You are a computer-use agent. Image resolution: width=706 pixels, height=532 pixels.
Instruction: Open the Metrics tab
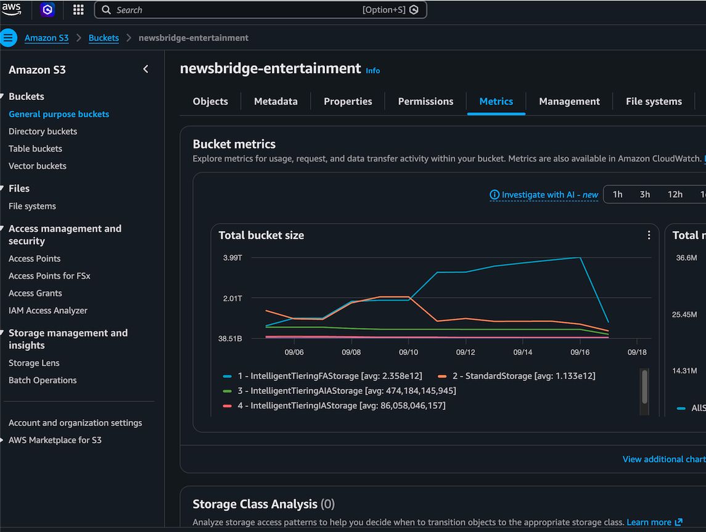click(496, 101)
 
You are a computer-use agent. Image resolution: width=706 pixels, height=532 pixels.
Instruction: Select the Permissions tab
click(425, 101)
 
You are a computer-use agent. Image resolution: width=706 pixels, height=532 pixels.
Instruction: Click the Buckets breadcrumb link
click(104, 38)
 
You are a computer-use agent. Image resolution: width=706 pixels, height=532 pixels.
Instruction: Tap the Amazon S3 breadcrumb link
click(46, 38)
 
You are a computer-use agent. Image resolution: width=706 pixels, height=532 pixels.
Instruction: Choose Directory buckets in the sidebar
click(43, 131)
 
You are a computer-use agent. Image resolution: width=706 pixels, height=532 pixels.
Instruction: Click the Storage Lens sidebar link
click(34, 362)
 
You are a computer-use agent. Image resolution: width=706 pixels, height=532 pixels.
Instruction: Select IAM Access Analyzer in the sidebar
click(47, 311)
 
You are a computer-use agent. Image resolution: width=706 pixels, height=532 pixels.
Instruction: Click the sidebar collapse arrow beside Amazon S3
click(146, 69)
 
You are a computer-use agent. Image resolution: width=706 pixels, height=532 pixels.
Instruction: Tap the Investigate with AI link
click(544, 194)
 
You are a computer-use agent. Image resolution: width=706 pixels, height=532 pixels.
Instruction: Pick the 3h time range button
click(645, 194)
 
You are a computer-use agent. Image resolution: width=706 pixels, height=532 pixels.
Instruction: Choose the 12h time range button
click(675, 194)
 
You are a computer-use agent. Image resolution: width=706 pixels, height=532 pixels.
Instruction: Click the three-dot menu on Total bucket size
click(649, 235)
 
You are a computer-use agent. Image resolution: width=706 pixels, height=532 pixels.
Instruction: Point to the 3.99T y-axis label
click(232, 258)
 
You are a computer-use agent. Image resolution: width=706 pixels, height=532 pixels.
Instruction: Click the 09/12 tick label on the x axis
click(466, 352)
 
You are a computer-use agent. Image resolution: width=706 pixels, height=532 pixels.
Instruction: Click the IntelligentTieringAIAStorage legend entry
click(340, 391)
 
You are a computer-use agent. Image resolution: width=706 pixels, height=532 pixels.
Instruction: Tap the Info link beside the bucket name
click(373, 71)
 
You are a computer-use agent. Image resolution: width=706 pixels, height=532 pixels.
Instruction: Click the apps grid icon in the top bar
click(78, 10)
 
